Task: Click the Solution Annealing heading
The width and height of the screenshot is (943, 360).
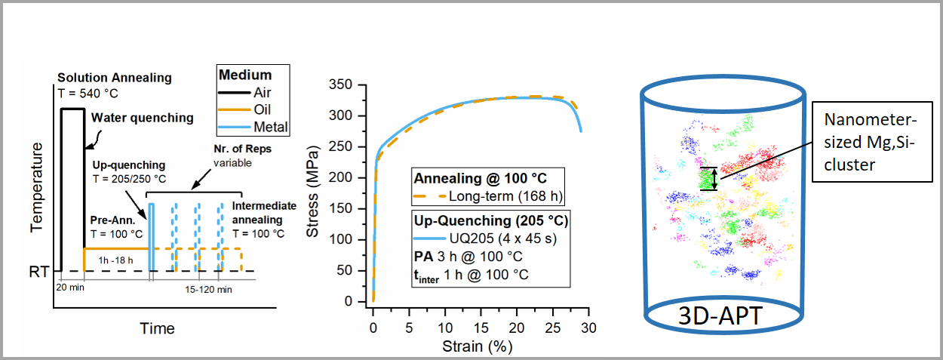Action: (x=115, y=78)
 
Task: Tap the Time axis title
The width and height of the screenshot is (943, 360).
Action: (x=157, y=328)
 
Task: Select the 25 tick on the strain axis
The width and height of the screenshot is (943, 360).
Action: (x=552, y=329)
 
